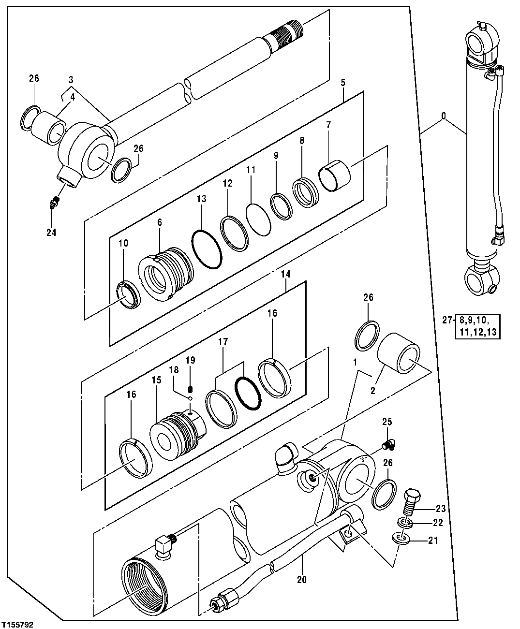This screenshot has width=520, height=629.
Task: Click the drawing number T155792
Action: click(x=18, y=621)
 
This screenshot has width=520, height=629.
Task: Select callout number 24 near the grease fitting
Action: click(x=51, y=233)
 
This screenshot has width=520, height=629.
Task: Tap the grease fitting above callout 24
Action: click(x=55, y=203)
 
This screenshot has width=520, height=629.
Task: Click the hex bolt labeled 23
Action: click(x=412, y=502)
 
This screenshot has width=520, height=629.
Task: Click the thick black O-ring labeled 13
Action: click(x=207, y=248)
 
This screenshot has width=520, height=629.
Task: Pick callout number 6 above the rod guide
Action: click(x=159, y=222)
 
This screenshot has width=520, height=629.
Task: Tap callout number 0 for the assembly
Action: click(x=444, y=117)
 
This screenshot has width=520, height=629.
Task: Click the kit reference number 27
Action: click(x=447, y=320)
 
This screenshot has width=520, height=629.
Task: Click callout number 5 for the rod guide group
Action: click(x=342, y=83)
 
